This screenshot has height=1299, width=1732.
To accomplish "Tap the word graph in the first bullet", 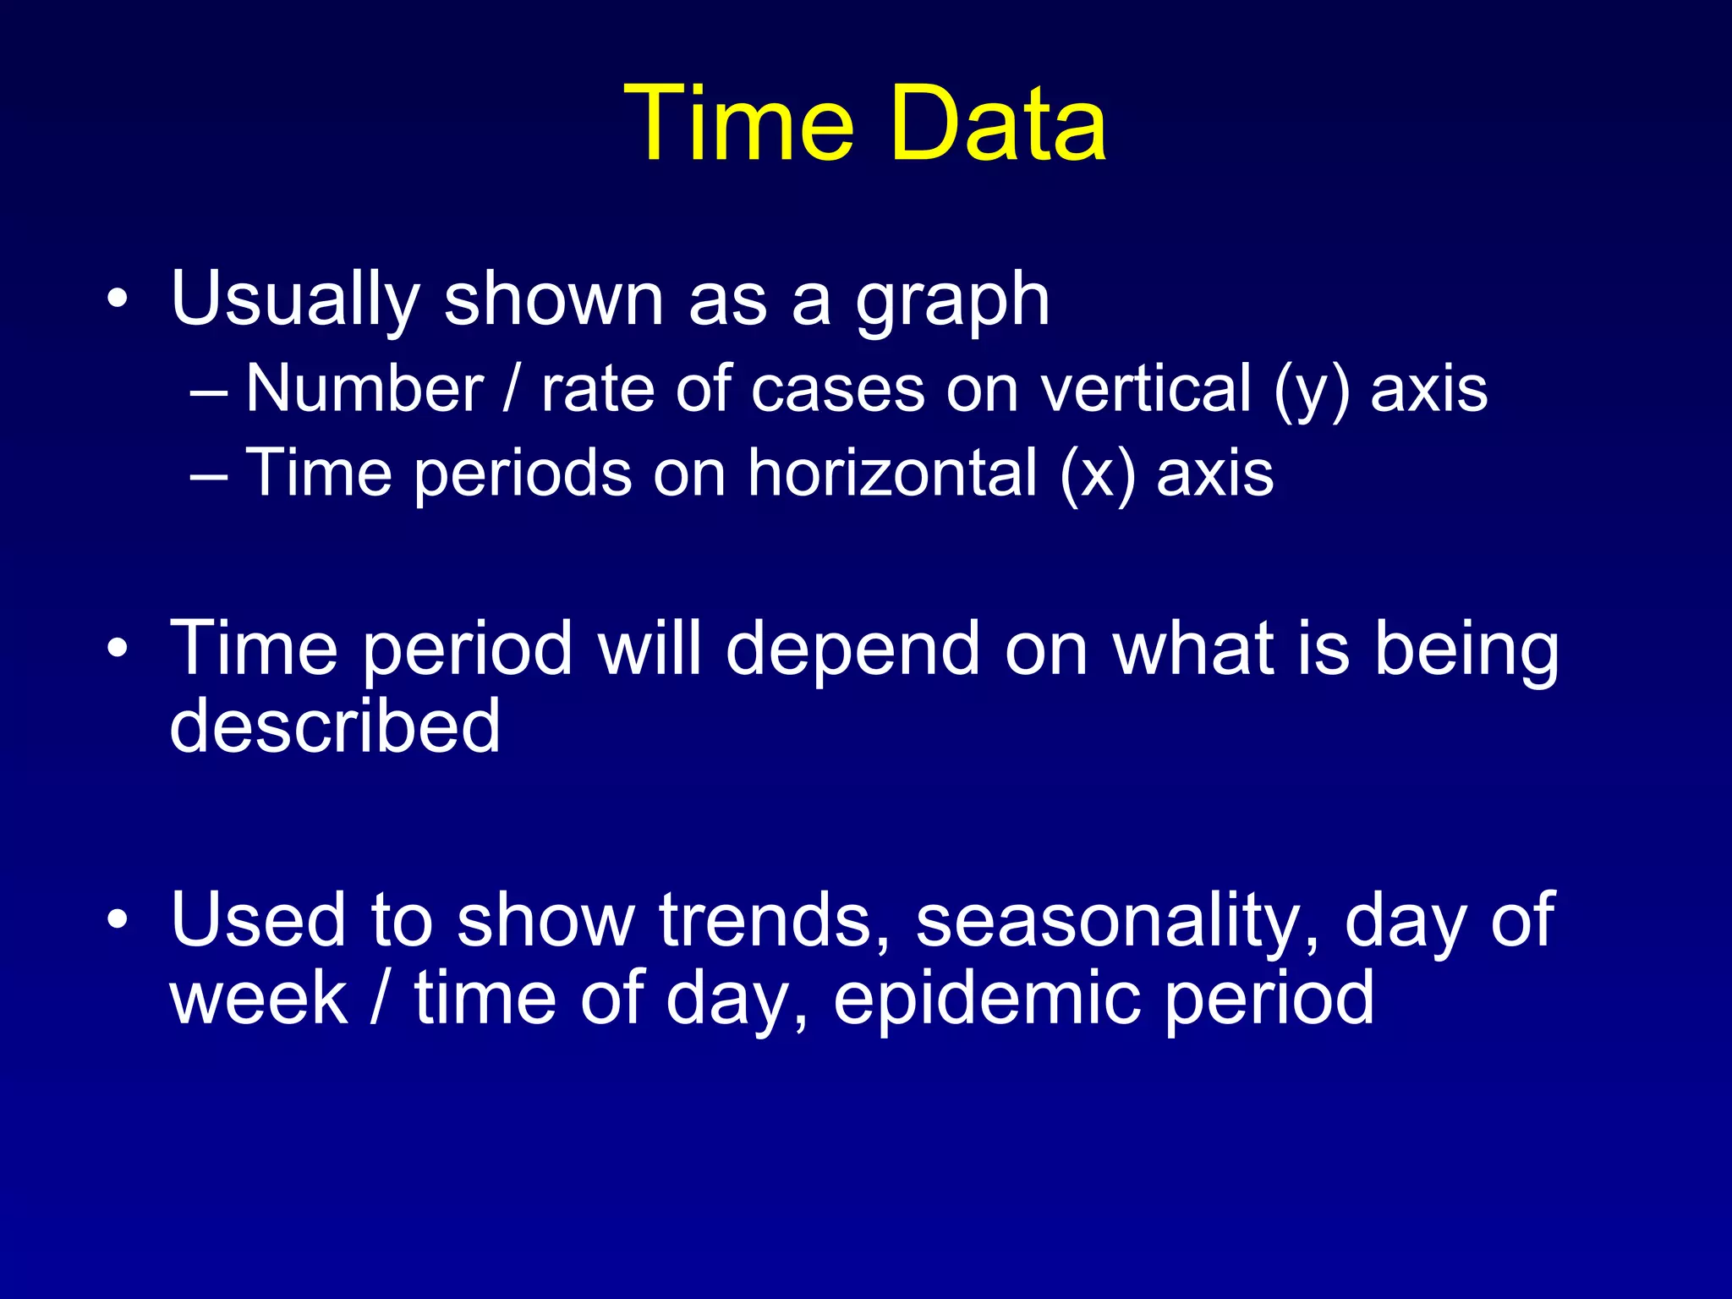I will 952,303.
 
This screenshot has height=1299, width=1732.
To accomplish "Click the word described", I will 335,726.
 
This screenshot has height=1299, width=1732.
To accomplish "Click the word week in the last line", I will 259,1000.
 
